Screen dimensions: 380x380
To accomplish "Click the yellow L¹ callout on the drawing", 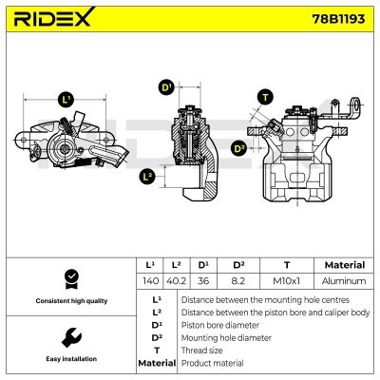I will point(66,99).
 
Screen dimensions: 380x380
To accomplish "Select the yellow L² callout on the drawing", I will point(147,176).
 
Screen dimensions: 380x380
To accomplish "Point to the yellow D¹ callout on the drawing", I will point(166,87).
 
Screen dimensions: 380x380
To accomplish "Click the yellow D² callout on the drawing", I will point(238,147).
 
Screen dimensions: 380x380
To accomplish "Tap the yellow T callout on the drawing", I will point(263,97).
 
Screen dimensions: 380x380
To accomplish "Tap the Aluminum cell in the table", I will point(344,282).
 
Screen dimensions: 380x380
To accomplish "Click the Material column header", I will point(344,265).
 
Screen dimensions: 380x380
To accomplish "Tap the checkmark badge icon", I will point(68,279).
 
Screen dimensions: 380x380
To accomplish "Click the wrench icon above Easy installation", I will point(68,337).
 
